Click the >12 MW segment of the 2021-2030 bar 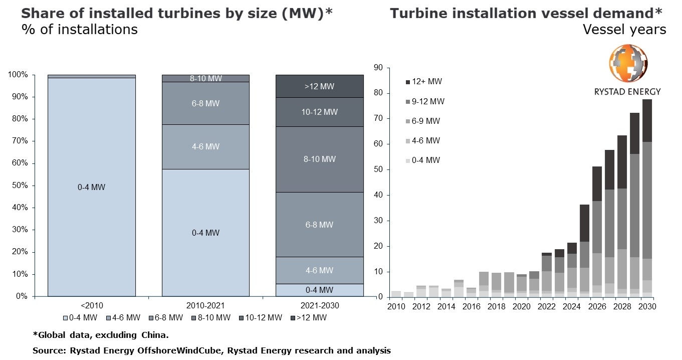319,86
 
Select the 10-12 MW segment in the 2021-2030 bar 319,112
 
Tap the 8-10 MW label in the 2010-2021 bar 205,78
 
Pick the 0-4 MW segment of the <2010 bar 91,187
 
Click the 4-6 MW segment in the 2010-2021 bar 205,147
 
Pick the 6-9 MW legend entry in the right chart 424,121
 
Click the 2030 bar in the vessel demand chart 647,198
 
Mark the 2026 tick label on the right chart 596,306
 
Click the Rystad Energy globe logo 628,64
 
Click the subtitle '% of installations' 79,30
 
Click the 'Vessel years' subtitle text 624,30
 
